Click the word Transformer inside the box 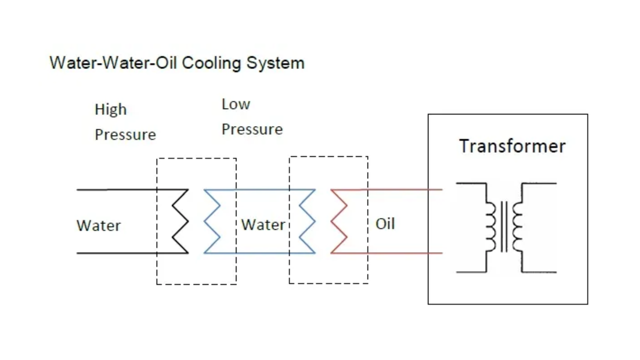coord(512,146)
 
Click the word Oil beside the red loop coord(385,223)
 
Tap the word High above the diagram coord(110,109)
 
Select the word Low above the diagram coord(235,104)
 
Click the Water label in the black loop coord(98,225)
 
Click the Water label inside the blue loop coord(263,225)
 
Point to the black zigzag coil coord(180,221)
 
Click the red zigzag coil coord(339,221)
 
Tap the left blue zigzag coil coord(212,221)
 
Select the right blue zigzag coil coord(307,221)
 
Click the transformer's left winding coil coord(491,226)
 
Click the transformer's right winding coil coord(517,226)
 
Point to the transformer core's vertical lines coord(504,226)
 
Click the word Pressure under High coord(125,135)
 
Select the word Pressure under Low coord(252,129)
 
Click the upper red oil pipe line coord(405,189)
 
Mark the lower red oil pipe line coord(405,253)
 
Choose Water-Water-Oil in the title coord(114,63)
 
